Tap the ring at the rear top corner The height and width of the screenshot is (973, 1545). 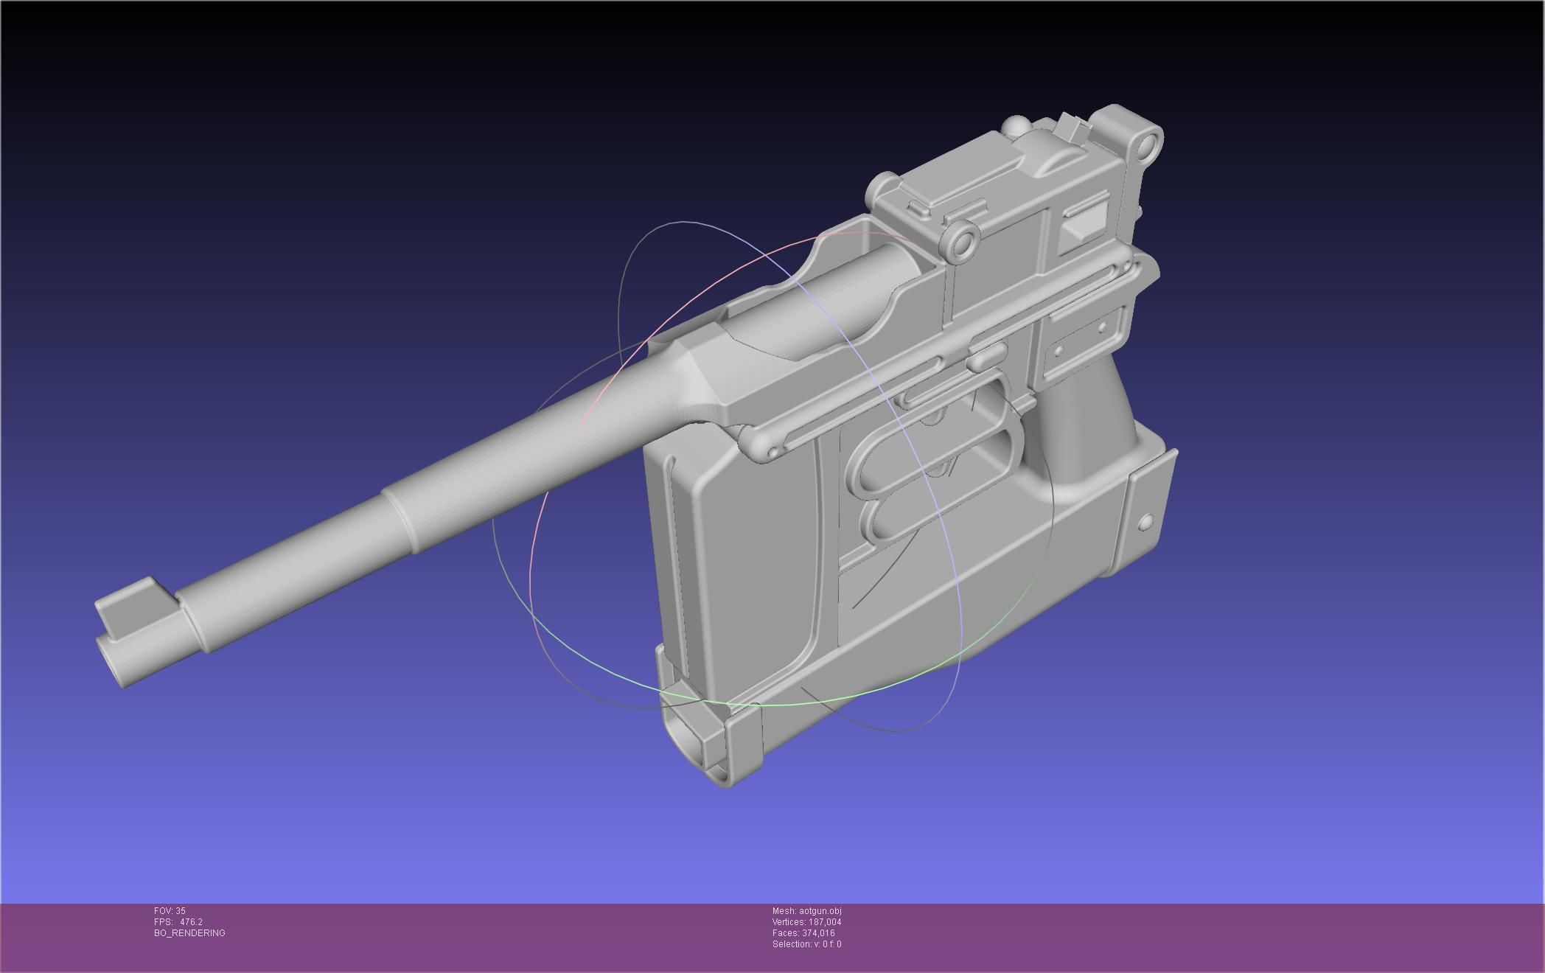[x=1146, y=143]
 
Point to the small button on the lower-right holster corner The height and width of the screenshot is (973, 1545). [x=1145, y=523]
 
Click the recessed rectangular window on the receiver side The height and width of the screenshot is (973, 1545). [x=1084, y=220]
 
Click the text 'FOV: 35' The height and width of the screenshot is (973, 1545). [x=170, y=911]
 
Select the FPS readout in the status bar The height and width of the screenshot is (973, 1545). [x=178, y=922]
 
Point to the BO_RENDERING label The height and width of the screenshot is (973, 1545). [x=189, y=933]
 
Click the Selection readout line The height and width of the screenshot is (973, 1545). [x=806, y=944]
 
